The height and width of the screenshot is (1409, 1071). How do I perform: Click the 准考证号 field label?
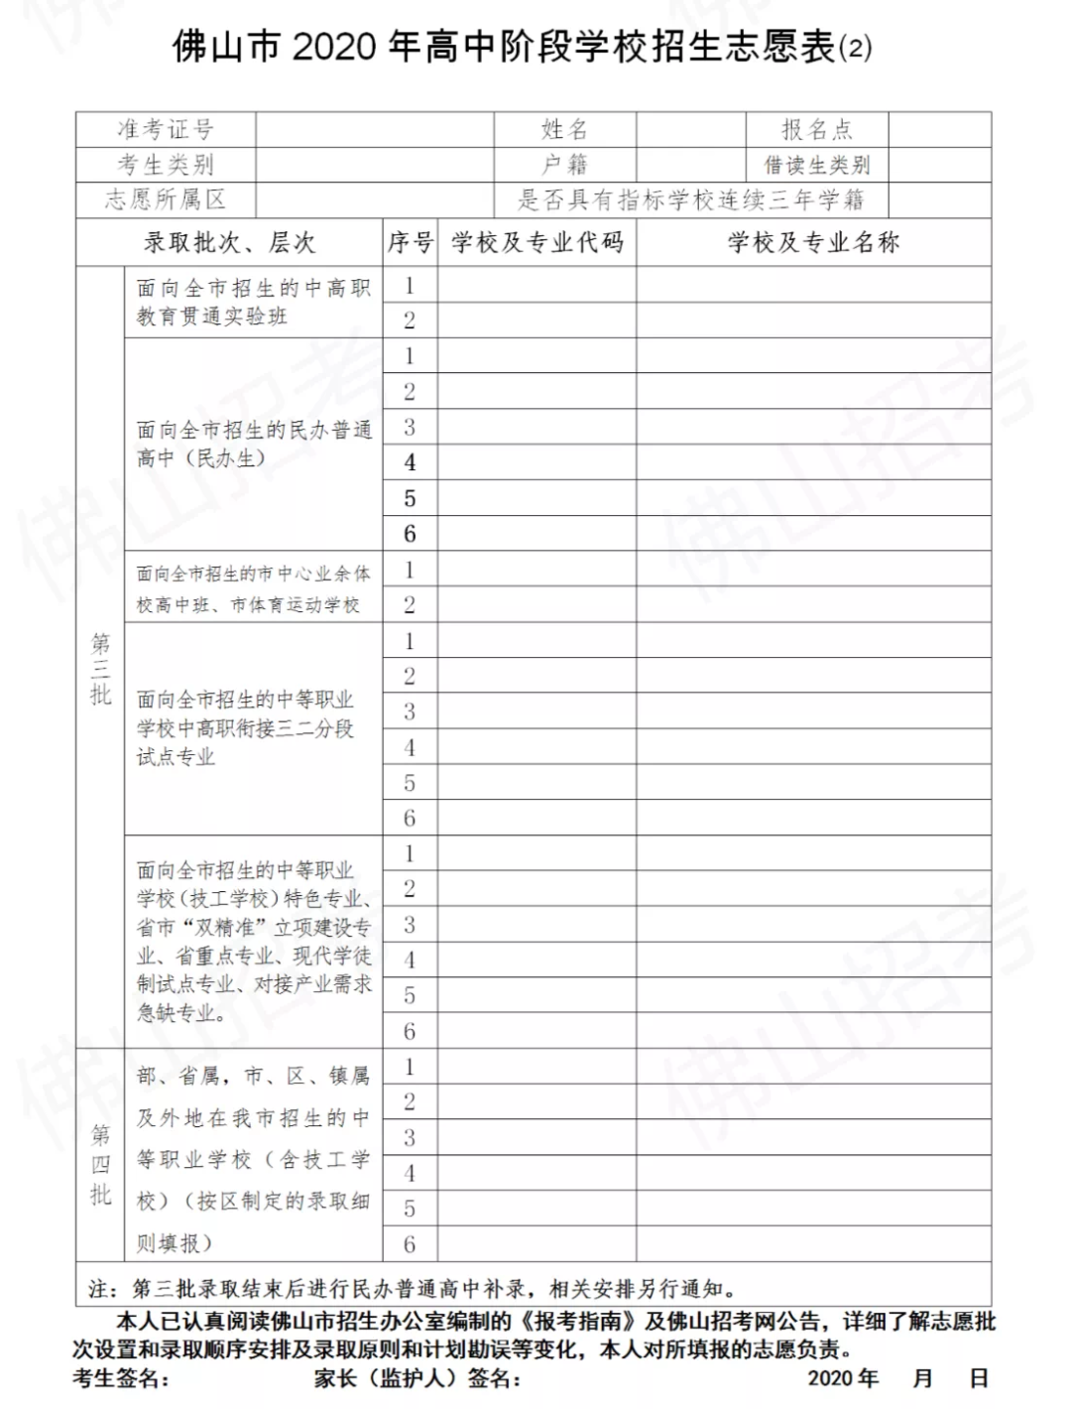166,129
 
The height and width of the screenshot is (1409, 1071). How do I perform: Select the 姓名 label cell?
564,129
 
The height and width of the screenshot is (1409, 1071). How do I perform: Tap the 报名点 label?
816,129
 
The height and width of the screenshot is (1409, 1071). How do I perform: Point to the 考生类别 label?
166,164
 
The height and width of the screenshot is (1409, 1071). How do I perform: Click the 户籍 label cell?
564,164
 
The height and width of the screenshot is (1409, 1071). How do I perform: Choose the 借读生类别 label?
816,165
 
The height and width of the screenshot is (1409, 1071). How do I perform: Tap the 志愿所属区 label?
166,199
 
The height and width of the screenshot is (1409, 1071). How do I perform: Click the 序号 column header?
410,242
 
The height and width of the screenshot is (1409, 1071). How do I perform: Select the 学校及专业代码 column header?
536,242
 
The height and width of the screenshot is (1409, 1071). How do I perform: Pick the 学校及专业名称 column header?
813,242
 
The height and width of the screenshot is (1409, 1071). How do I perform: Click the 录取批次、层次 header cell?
229,242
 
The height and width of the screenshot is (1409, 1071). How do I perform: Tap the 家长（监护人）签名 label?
417,1378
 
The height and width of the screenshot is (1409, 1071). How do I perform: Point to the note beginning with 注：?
412,1289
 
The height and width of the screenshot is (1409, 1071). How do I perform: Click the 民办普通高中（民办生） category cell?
253,444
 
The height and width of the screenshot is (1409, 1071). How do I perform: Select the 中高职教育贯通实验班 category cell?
253,302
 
